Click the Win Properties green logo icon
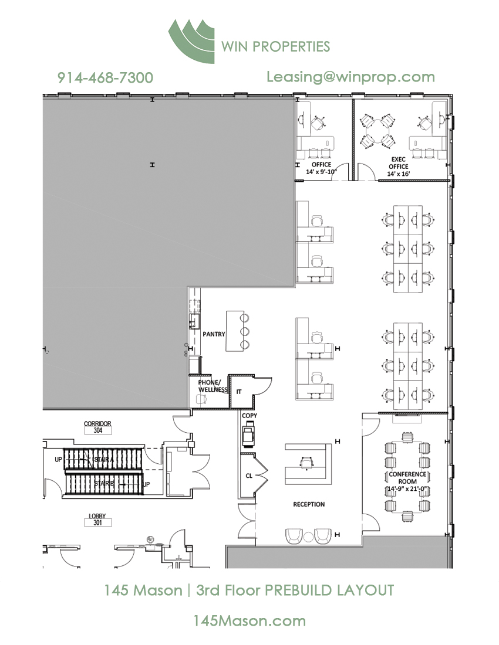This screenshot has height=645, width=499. pos(191,41)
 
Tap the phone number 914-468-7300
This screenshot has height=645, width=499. pos(105,77)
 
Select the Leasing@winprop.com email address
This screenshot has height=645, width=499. pos(350,77)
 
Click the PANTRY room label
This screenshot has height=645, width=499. pos(214,334)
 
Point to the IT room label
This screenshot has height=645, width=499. pos(239,392)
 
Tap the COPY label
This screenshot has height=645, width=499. pos(249,416)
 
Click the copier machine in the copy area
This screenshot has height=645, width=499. pos(248,435)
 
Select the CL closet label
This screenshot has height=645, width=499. pos(249,476)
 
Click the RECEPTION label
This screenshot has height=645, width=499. pos(309,504)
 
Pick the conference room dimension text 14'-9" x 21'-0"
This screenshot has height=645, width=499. pos(407,488)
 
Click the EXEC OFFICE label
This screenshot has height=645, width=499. pos(399,163)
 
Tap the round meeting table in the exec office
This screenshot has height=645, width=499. pos(377,131)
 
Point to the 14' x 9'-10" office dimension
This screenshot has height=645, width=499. pos(321,172)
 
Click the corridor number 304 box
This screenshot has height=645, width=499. pos(97,430)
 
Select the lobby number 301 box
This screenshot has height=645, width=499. pos(97,523)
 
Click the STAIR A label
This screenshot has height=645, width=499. pos(103,459)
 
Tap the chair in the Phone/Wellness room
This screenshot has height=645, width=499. pos(201,399)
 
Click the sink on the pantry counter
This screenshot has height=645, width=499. pos(194,321)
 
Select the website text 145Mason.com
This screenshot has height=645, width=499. pos(249,621)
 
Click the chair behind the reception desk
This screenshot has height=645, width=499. pos(306,463)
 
